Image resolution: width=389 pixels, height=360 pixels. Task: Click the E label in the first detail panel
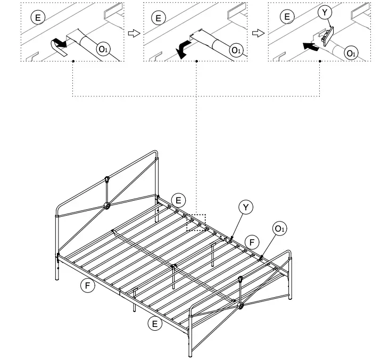coord(37,17)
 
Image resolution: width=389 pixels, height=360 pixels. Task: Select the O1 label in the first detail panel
coord(102,49)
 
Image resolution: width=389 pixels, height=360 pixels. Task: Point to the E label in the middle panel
coord(158,18)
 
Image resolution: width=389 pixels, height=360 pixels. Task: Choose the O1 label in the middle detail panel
coord(235,50)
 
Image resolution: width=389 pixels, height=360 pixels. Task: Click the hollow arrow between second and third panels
coord(258,33)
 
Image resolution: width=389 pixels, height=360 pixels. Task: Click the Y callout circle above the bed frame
coord(245,207)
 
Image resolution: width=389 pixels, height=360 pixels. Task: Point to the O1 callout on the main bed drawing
coord(280,228)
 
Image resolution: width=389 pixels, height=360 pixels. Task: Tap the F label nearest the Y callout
coord(253,242)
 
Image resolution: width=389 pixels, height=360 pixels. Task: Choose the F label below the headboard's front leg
coord(88,285)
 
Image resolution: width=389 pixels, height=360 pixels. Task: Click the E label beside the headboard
coord(179,200)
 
